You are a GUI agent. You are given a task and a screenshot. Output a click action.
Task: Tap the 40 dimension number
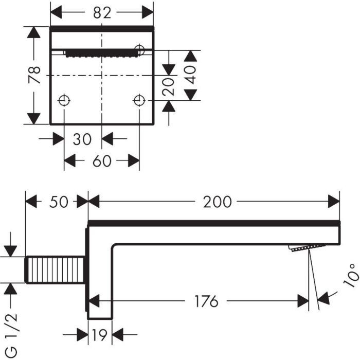pos(192,75)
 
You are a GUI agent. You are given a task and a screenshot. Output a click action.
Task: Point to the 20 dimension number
pos(169,86)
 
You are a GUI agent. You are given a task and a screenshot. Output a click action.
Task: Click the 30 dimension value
pos(82,139)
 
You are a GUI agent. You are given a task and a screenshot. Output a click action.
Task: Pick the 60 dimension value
pos(102,161)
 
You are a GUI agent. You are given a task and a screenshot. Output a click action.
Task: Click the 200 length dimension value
pos(217,202)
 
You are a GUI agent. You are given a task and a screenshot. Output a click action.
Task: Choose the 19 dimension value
pos(101,336)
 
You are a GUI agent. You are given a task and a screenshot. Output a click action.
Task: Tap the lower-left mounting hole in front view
pos(64,100)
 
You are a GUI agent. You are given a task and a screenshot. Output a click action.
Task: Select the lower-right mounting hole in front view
pos(139,100)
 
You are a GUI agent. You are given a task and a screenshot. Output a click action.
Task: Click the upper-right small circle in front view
pos(139,49)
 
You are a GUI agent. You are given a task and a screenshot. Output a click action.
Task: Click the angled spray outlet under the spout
pos(301,248)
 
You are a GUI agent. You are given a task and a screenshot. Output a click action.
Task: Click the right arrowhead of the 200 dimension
pos(335,202)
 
